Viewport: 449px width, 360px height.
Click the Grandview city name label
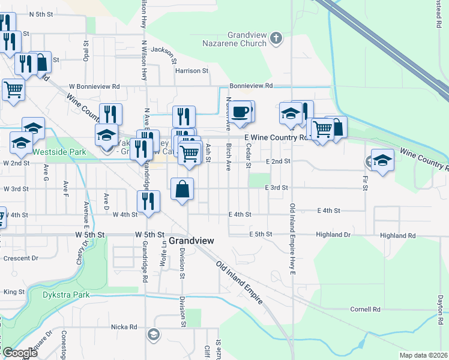pos(191,240)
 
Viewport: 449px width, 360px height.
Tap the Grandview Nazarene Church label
pos(247,40)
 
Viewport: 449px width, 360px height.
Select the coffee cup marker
pos(241,112)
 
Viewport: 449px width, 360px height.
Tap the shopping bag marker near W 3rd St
pos(183,189)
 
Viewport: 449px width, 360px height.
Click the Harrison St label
pos(191,71)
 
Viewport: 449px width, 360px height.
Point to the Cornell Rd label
pos(366,310)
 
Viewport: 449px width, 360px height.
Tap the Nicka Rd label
pos(124,327)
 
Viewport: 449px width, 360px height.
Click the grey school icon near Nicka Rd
pos(154,334)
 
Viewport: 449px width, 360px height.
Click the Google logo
pos(20,353)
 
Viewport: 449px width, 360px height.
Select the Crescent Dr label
pos(21,258)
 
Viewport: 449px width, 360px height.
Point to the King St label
pos(14,292)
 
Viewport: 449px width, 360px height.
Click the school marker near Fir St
pos(382,160)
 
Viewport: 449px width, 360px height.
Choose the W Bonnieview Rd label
pos(94,87)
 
